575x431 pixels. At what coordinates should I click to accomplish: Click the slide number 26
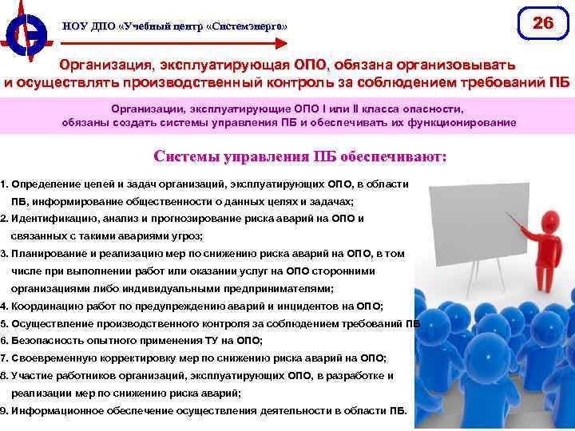click(x=543, y=23)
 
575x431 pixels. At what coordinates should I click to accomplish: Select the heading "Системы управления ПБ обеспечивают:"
click(x=299, y=156)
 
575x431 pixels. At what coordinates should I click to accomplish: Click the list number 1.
click(x=4, y=184)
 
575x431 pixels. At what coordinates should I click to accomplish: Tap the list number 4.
click(x=4, y=306)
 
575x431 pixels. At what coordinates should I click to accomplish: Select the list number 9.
click(x=4, y=411)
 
